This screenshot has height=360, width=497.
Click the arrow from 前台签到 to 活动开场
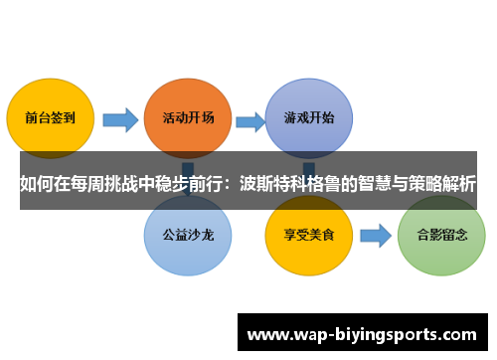[x=119, y=120]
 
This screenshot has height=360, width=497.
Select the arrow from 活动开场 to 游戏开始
[x=249, y=120]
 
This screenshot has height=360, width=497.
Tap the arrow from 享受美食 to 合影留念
[x=374, y=237]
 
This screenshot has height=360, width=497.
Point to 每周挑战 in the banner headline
[x=107, y=183]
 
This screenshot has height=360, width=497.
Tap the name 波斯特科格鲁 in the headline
[x=302, y=183]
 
